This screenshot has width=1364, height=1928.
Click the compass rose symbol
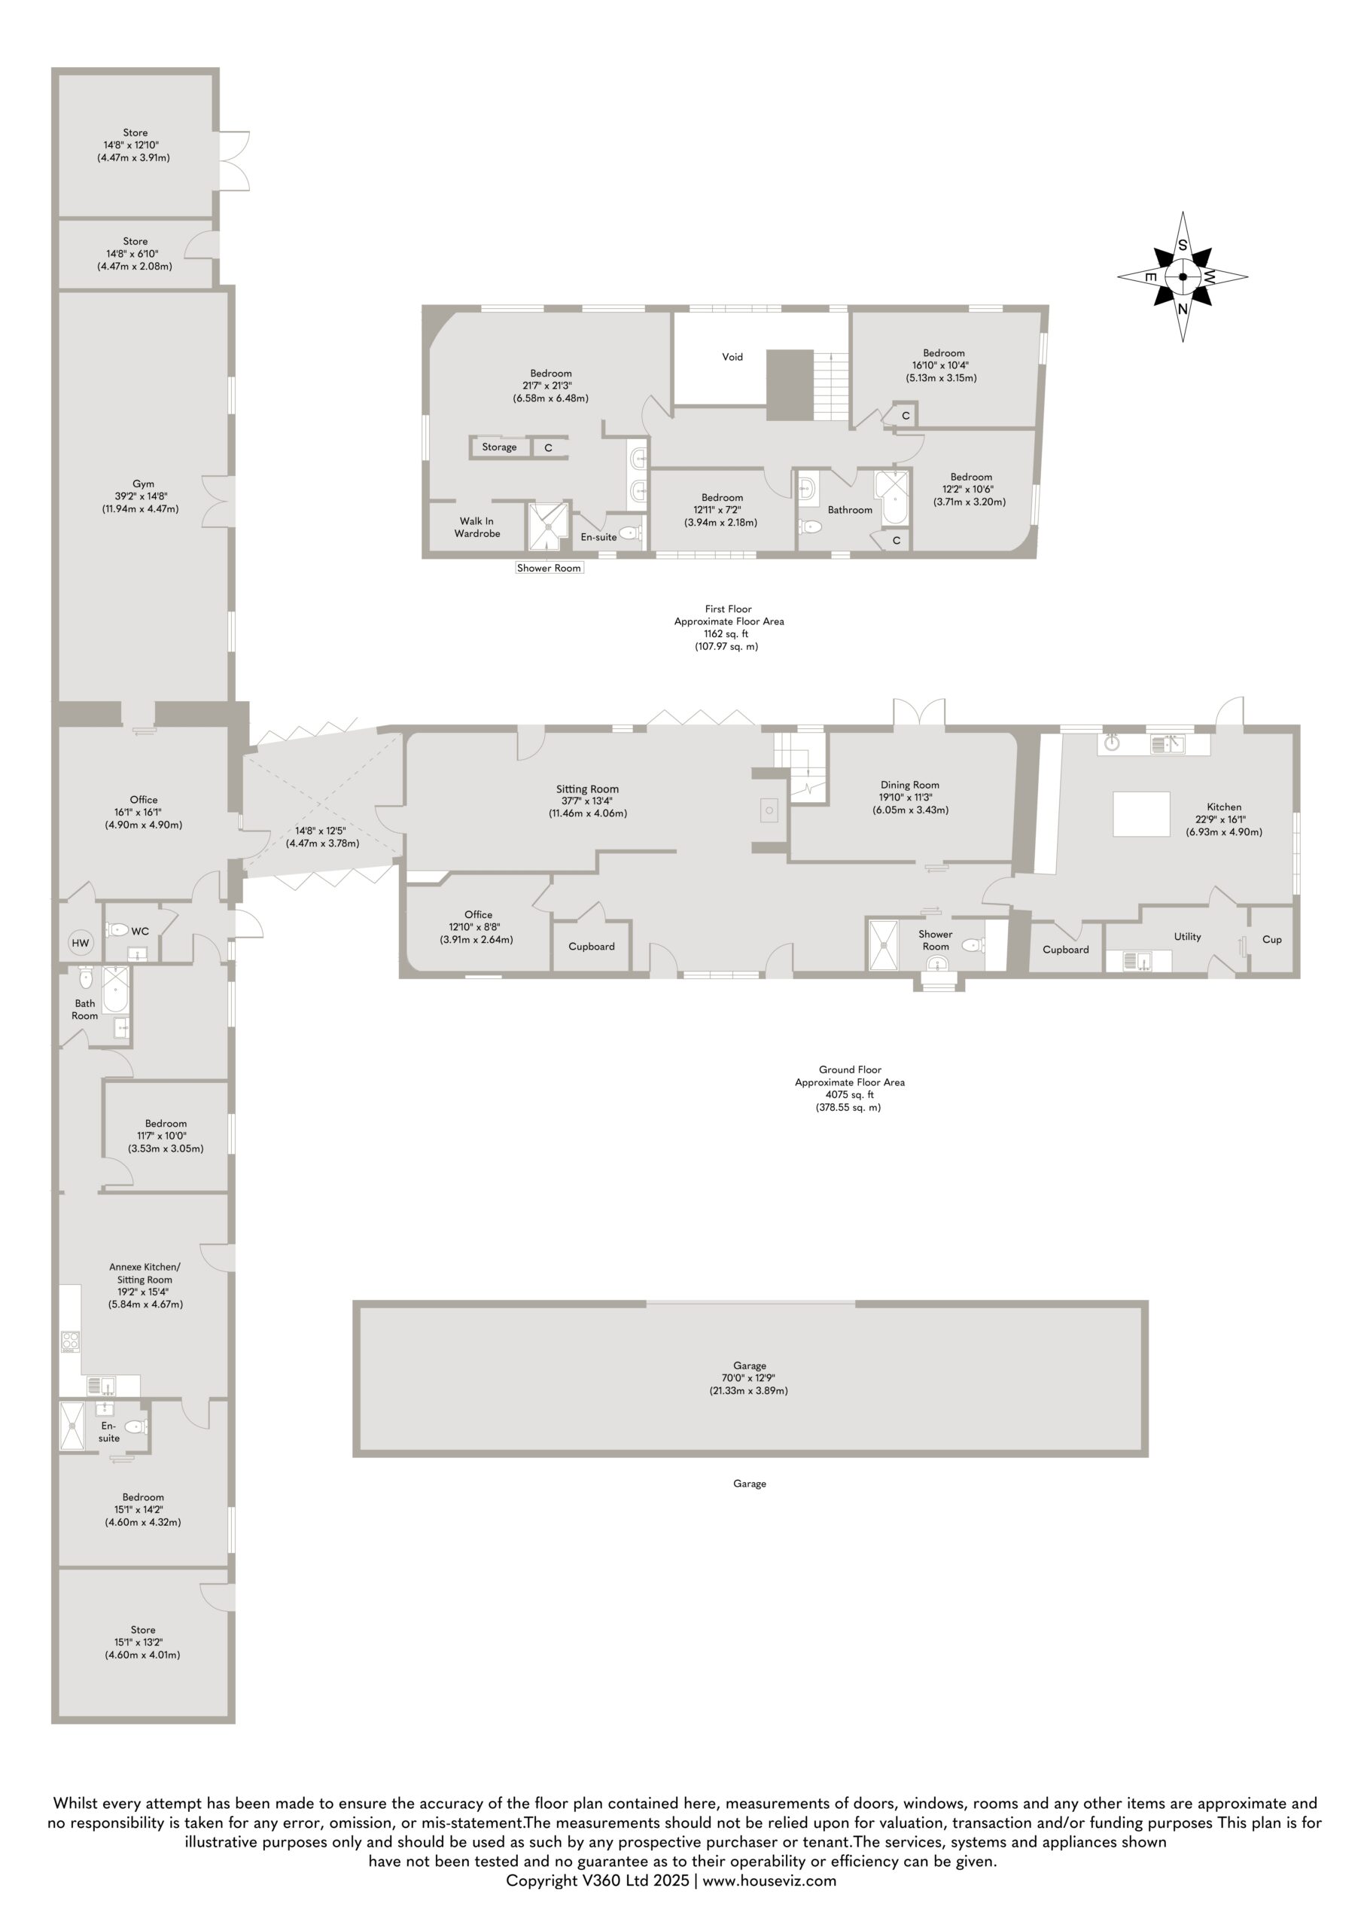pos(1183,276)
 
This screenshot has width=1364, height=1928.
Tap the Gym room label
pos(144,484)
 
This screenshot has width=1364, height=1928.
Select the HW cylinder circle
pos(81,944)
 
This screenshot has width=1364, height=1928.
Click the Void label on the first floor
pos(732,357)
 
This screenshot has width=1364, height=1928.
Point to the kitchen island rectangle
pos(1141,814)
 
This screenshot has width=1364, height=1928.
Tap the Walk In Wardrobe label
pos(477,528)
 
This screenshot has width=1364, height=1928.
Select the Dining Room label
pos(909,786)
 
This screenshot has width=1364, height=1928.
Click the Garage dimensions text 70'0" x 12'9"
pos(749,1377)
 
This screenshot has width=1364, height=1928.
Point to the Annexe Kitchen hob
pos(71,1341)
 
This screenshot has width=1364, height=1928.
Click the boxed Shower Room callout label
pos(549,568)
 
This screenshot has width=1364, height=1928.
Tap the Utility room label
pos(1188,937)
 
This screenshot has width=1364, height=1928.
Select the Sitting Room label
pos(587,789)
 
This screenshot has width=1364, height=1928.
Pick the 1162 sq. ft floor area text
pos(727,634)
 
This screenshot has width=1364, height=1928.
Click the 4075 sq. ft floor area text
pos(850,1094)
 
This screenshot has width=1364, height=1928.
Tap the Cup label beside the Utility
pos(1271,939)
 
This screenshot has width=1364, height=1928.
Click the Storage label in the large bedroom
pos(500,447)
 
